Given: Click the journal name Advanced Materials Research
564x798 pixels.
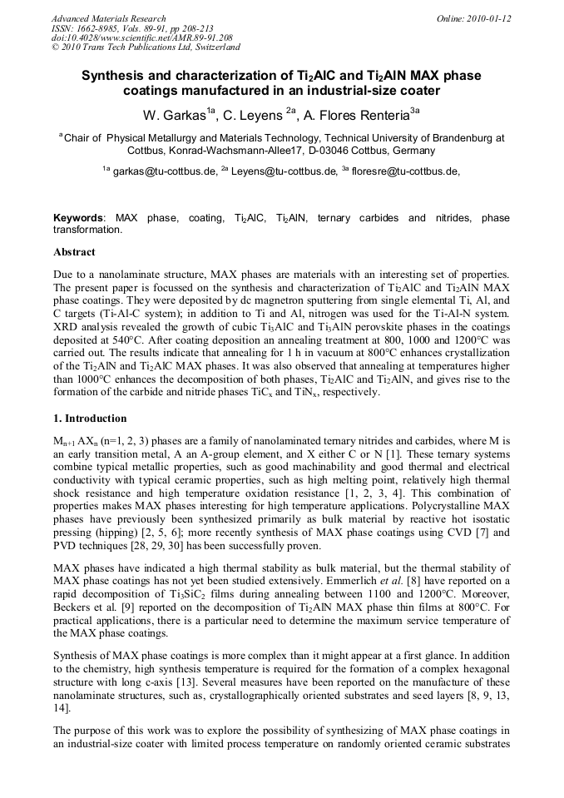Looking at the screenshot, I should (x=109, y=18).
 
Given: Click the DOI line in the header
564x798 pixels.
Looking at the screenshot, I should (x=142, y=37).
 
